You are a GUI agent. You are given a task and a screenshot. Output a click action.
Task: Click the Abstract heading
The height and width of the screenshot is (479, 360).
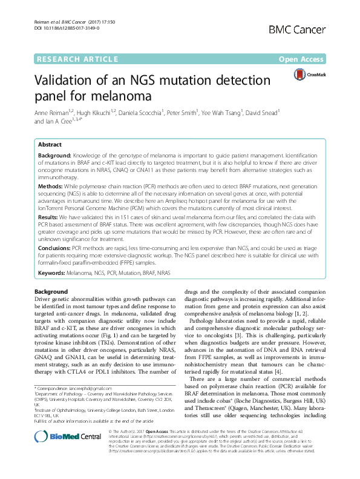[49, 145]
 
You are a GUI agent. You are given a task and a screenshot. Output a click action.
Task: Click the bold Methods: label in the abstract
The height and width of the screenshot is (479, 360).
[51, 188]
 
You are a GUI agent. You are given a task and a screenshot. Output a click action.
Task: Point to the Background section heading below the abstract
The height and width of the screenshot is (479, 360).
[51, 292]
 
